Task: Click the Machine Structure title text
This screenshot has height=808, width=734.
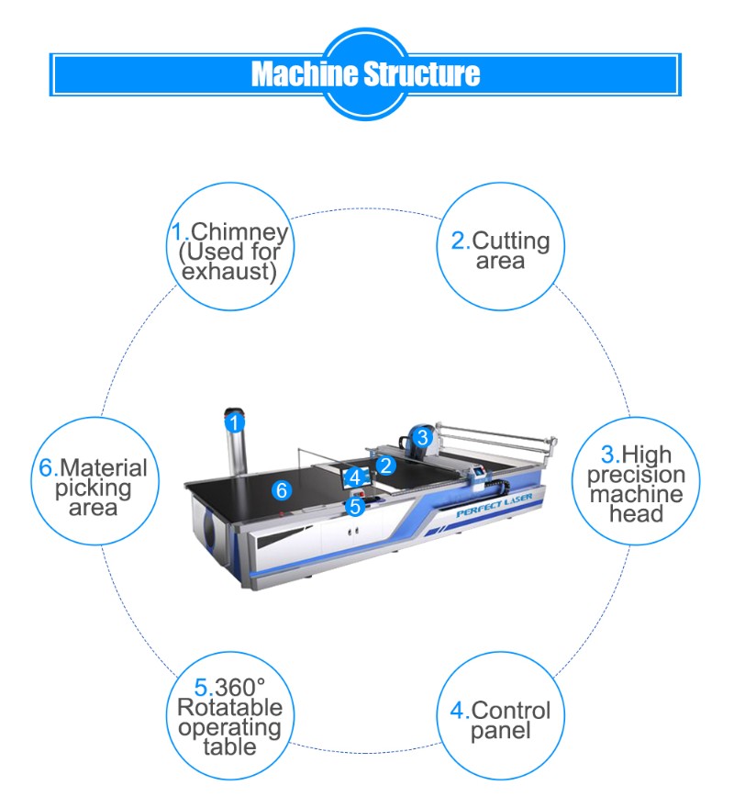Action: tap(365, 73)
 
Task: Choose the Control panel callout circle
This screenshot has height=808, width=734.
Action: tap(500, 720)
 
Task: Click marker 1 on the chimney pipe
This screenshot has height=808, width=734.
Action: tap(235, 423)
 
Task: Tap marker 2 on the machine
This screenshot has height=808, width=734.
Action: tap(386, 466)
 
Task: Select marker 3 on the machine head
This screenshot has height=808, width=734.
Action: tap(421, 437)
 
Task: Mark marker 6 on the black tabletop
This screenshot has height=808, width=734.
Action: tap(283, 490)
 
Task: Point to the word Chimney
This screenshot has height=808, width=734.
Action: tap(239, 232)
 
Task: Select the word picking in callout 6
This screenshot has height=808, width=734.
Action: tap(93, 487)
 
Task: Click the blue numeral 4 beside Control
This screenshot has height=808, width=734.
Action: tap(457, 710)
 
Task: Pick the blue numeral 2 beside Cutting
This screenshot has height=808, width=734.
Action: tap(458, 241)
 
